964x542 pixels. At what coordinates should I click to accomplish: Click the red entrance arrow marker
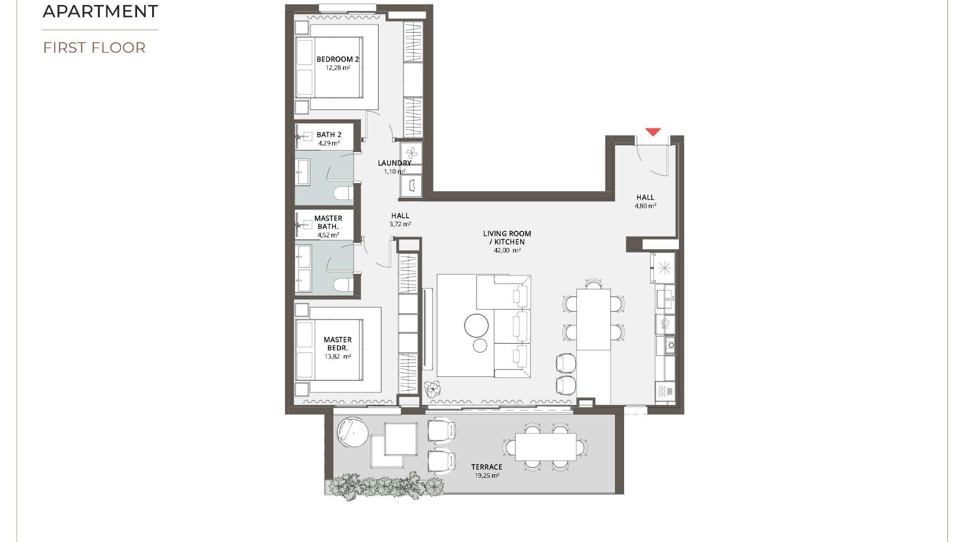tap(653, 132)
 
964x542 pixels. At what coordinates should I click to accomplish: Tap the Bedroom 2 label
tap(337, 59)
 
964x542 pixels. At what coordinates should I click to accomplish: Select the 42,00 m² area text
tap(507, 250)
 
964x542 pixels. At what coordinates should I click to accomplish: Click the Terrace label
tap(487, 467)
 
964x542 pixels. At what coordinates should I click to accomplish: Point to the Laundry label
tap(394, 163)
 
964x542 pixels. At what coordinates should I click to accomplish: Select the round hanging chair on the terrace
tap(352, 431)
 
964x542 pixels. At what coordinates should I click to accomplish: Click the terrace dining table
tap(545, 447)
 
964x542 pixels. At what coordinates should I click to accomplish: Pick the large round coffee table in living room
tap(476, 326)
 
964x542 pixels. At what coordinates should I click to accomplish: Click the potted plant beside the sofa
tap(432, 388)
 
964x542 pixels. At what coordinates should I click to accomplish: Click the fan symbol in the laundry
tap(411, 153)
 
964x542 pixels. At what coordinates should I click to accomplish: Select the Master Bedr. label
tap(337, 344)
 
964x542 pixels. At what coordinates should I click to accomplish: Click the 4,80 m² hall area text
tap(645, 206)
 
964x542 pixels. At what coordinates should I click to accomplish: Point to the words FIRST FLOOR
tap(94, 48)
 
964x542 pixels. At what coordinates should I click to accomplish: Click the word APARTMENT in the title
tap(100, 11)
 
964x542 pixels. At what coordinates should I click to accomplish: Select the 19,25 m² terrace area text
tap(487, 475)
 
